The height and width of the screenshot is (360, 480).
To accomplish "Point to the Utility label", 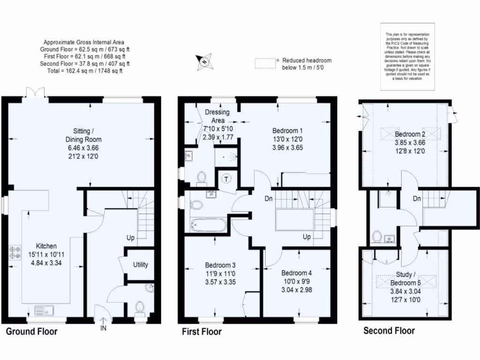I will [141, 264].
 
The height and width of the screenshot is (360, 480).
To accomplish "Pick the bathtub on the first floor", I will [209, 225].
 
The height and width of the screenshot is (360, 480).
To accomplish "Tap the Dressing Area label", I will [217, 116].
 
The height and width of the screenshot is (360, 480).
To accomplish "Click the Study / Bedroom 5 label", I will [406, 278].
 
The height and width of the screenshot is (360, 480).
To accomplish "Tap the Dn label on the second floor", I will [417, 199].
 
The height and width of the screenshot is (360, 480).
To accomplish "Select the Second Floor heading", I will [389, 331].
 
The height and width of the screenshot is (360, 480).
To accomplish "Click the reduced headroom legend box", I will [264, 63].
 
